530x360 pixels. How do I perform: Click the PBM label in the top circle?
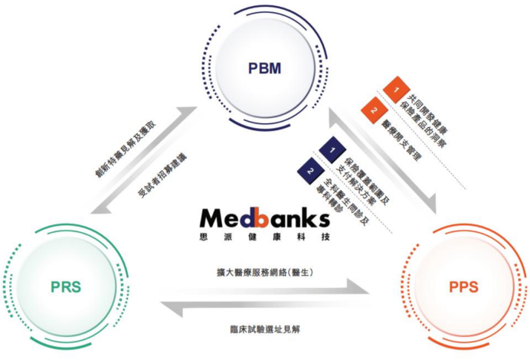tap(264, 69)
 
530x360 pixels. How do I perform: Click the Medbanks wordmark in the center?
tap(263, 218)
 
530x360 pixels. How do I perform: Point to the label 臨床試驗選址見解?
tap(265, 329)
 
